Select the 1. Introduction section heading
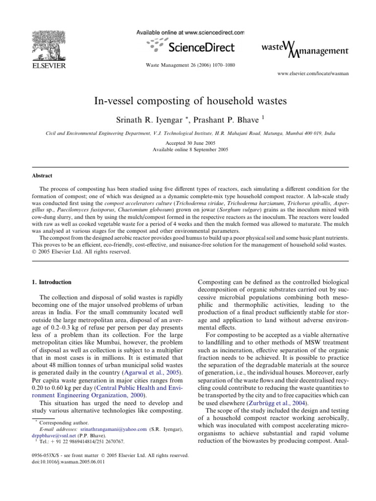tap(51, 282)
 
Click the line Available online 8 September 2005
tap(188, 149)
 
